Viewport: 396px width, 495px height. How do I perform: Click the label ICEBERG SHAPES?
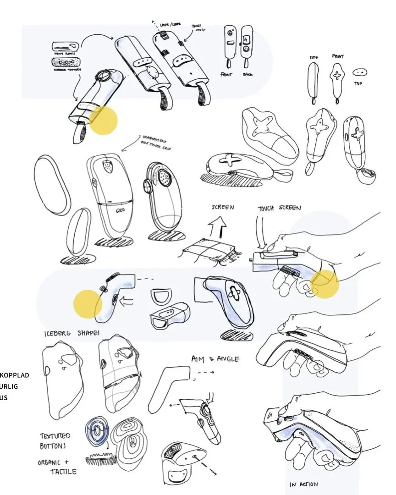[x=71, y=333]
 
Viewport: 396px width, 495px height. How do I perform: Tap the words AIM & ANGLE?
[x=215, y=359]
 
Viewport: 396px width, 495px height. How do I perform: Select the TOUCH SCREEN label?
[x=279, y=208]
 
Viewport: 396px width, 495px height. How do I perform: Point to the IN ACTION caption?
[x=303, y=484]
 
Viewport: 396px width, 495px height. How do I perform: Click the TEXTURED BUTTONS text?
[x=55, y=440]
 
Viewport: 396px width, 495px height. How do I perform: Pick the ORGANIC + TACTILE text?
[x=57, y=467]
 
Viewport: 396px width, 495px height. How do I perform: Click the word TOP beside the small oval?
[x=358, y=83]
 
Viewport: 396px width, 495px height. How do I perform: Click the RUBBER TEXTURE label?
[x=67, y=69]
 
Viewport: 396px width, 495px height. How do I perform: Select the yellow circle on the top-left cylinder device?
[x=103, y=121]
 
